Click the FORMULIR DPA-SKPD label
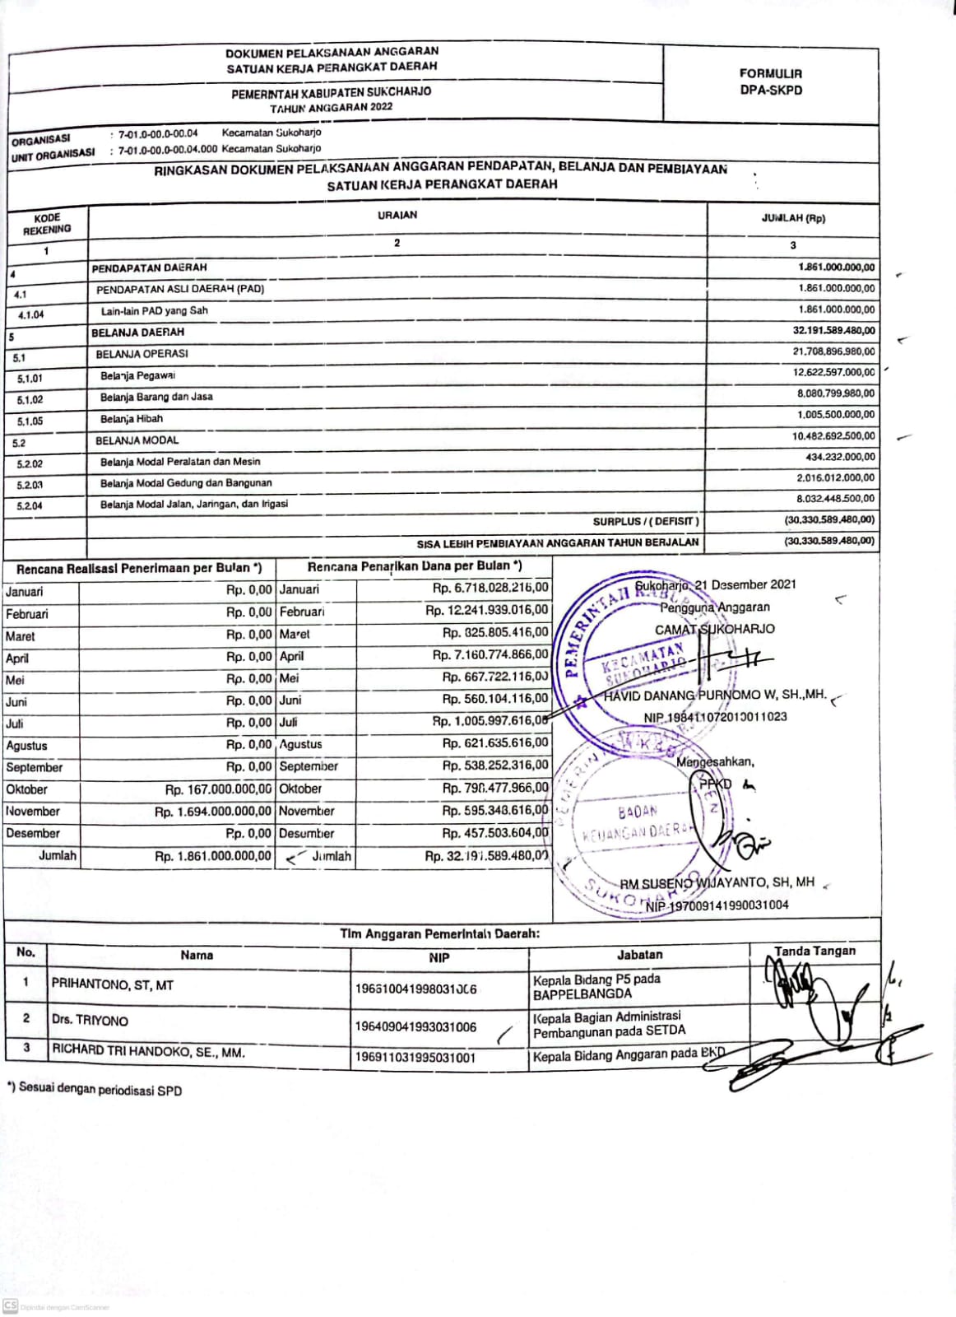point(770,81)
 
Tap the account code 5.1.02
point(30,400)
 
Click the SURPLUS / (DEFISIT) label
point(646,521)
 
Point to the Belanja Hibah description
point(132,419)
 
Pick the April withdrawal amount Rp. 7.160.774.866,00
point(490,655)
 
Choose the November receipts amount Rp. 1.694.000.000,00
point(213,812)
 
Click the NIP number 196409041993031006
point(415,1026)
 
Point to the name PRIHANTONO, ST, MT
point(113,984)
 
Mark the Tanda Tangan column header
point(814,952)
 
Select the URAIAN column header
point(397,215)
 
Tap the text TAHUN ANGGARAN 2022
point(332,107)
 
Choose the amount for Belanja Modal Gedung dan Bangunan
point(835,478)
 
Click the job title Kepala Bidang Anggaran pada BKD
point(629,1054)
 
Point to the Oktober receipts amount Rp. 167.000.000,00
point(218,789)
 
